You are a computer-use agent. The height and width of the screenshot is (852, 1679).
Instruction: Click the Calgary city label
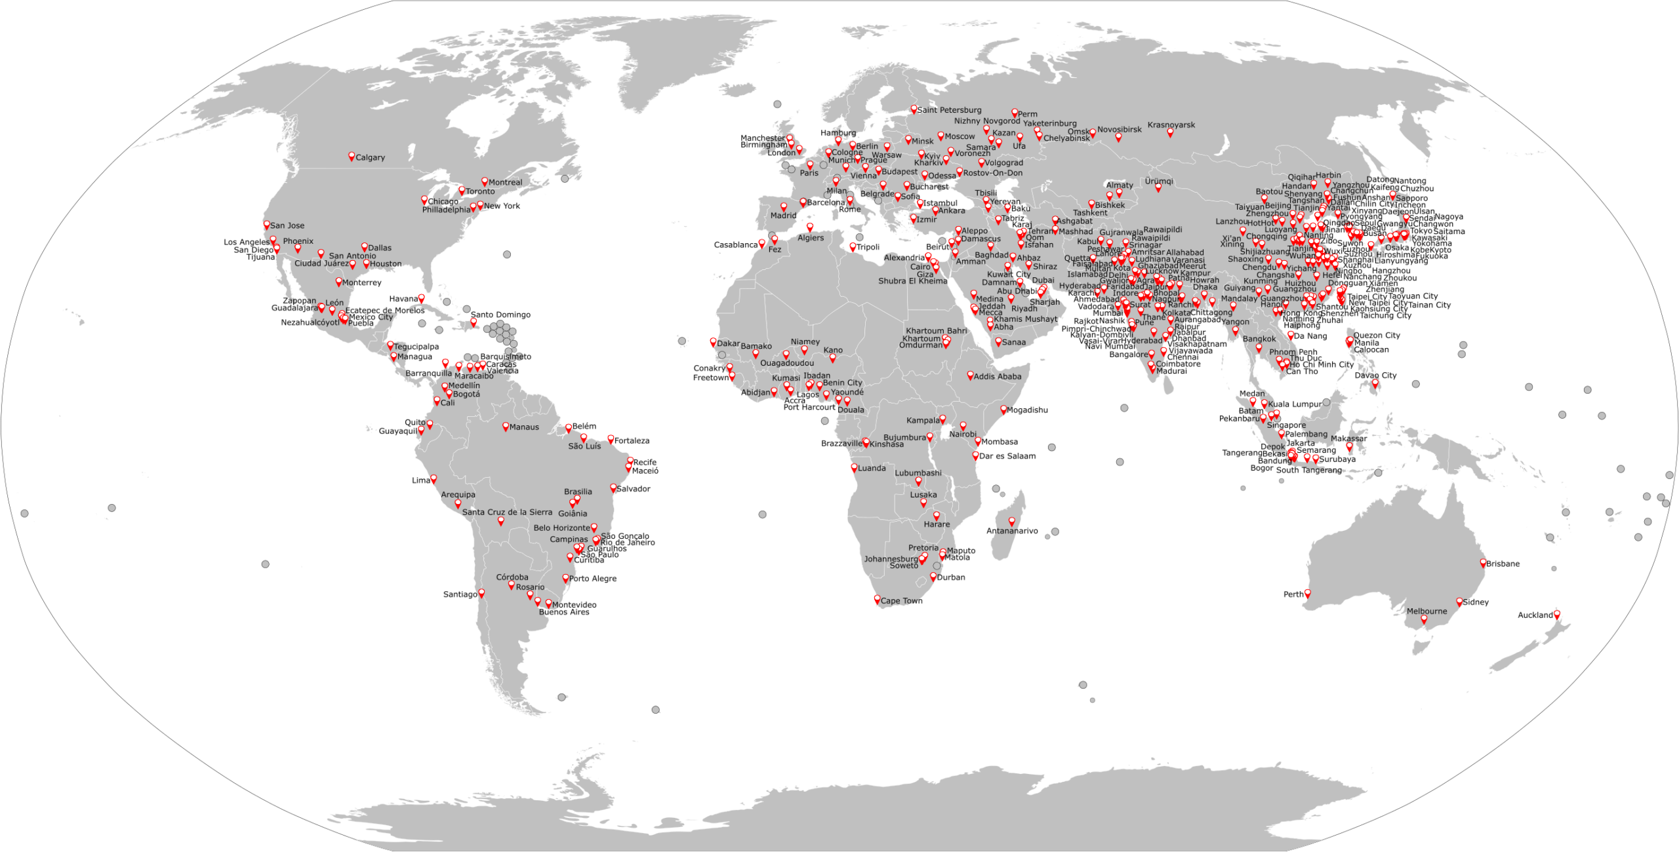click(370, 158)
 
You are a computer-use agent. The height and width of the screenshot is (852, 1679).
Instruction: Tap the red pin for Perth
click(1307, 594)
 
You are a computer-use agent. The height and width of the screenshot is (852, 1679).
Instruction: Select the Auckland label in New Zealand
click(1535, 615)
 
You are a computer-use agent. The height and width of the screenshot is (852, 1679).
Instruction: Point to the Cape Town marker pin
click(878, 599)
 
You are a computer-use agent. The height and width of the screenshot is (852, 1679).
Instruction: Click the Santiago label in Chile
click(460, 594)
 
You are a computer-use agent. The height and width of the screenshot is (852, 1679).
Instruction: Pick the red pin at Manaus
click(506, 426)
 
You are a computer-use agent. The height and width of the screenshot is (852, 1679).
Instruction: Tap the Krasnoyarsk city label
click(1171, 125)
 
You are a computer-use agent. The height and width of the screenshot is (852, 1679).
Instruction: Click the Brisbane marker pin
click(1483, 562)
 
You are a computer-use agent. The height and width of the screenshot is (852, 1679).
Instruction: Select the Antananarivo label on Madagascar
click(1012, 532)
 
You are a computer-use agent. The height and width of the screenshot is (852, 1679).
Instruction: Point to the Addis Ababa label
click(998, 377)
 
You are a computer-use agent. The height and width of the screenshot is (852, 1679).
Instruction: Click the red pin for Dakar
click(714, 342)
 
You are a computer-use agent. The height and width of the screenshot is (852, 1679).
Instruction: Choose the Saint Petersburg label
click(949, 110)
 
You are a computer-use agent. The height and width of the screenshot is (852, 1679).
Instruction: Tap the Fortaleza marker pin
click(611, 439)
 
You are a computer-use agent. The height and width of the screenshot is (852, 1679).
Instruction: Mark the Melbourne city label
click(1426, 611)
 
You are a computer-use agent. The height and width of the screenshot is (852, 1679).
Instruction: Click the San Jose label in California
click(287, 225)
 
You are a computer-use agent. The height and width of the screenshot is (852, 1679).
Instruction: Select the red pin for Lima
click(434, 479)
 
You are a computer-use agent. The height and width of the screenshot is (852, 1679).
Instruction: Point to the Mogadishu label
click(1027, 410)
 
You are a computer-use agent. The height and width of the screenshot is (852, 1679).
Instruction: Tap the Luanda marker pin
click(855, 467)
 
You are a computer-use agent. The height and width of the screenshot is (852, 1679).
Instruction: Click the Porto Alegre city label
click(592, 579)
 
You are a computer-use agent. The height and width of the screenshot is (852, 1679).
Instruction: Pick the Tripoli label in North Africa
click(868, 248)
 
